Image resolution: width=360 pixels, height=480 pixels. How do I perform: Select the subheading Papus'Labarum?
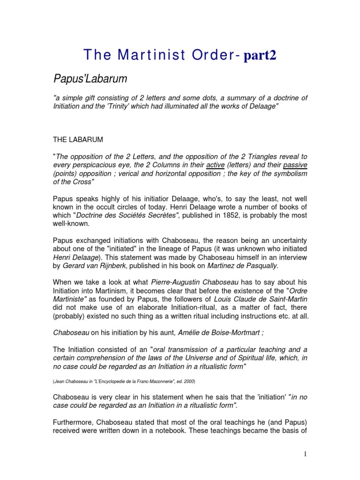pyautogui.click(x=90, y=79)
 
